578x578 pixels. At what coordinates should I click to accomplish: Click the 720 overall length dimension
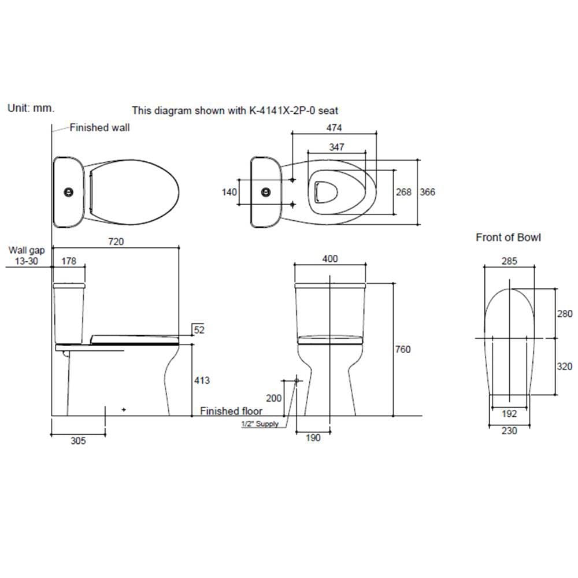click(116, 242)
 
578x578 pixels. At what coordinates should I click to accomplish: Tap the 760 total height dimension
click(402, 349)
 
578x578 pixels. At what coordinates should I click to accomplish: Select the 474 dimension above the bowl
click(334, 128)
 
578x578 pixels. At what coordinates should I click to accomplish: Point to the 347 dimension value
click(336, 147)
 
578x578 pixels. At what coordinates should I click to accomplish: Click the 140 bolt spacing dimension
click(229, 192)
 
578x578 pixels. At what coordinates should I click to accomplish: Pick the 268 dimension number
click(403, 192)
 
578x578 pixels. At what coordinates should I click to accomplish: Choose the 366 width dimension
click(428, 192)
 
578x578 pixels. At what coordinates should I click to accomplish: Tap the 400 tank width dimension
click(330, 259)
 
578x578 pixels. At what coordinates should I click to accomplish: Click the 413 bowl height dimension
click(202, 380)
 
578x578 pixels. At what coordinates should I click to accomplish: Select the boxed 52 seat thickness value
click(199, 329)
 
